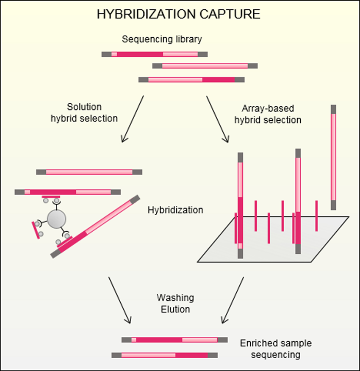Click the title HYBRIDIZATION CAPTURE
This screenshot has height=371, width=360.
(x=178, y=14)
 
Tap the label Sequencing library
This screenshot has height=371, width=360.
(x=162, y=39)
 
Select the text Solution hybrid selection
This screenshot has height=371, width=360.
(x=84, y=113)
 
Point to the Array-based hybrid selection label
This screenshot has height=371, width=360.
(x=268, y=114)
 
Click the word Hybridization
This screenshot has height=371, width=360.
(x=175, y=210)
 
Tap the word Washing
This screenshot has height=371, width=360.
(x=175, y=298)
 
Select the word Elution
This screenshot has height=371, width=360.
(x=175, y=309)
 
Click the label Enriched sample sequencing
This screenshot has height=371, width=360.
(x=276, y=349)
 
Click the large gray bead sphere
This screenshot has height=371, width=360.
(x=57, y=219)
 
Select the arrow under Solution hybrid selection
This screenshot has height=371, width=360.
(x=133, y=119)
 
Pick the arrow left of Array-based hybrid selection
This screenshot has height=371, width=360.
(x=218, y=119)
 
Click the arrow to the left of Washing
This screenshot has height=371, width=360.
(x=119, y=300)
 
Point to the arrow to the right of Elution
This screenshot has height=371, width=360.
(x=233, y=300)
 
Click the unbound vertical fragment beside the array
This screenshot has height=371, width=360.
(x=333, y=158)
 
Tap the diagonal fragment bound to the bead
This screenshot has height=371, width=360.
(x=95, y=227)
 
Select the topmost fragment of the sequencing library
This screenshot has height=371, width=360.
(x=155, y=54)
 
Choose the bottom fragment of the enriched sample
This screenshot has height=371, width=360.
(x=165, y=355)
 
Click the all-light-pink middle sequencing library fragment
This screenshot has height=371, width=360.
(x=205, y=66)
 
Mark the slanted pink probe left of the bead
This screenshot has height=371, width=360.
(x=36, y=230)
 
